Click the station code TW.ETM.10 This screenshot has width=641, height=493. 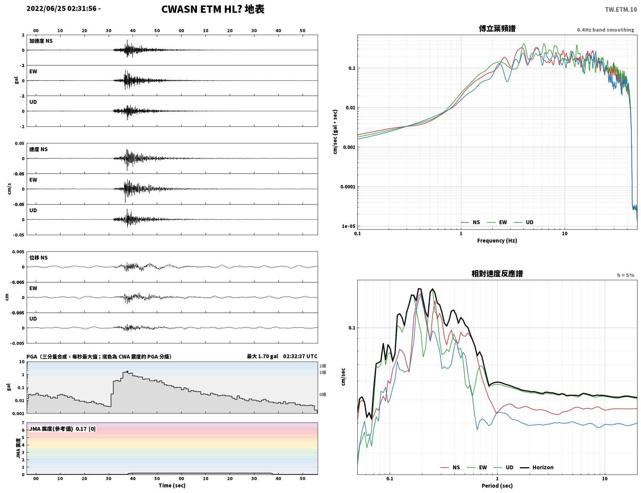621,9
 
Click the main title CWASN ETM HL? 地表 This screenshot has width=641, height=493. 213,9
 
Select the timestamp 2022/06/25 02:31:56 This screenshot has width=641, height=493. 62,8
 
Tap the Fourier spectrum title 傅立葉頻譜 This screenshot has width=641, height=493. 497,29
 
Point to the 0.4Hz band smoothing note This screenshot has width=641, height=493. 605,30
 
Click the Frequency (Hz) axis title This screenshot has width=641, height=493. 497,240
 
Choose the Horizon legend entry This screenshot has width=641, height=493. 543,467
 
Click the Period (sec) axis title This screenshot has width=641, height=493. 497,485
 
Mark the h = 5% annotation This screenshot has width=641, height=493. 625,275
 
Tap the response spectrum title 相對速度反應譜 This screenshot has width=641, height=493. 497,273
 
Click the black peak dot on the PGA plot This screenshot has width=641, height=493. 127,372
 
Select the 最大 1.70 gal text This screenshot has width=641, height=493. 262,356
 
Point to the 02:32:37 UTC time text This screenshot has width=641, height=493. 300,356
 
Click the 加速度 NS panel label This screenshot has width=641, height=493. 41,41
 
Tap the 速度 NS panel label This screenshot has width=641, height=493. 38,149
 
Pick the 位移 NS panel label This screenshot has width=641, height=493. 38,257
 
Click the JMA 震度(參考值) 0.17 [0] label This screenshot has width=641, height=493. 62,429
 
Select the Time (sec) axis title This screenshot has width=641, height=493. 172,485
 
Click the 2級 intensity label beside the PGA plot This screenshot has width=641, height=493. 323,366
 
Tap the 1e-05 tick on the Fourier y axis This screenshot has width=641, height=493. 348,226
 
